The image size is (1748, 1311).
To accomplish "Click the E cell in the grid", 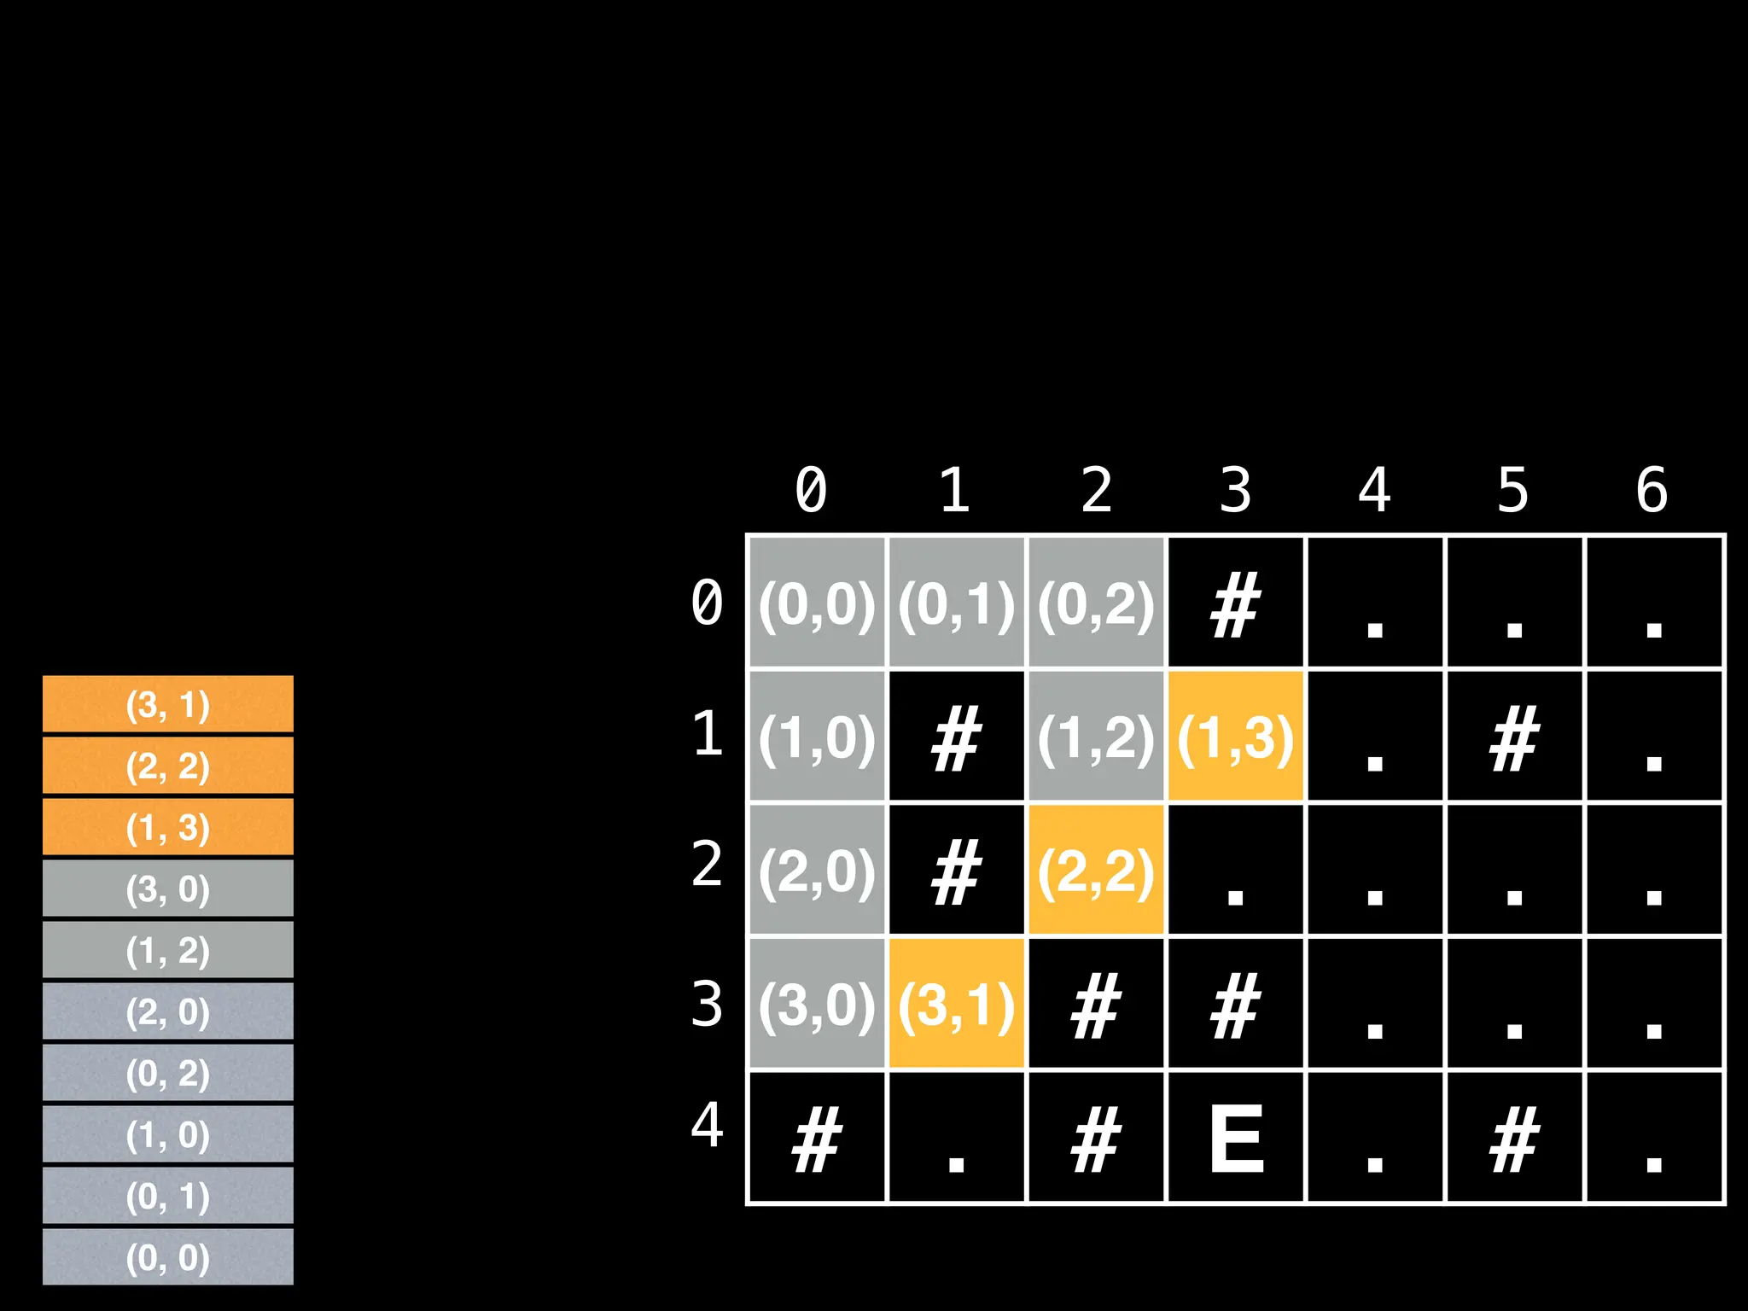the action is pyautogui.click(x=1235, y=1138).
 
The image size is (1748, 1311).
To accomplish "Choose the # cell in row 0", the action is pyautogui.click(x=1235, y=603).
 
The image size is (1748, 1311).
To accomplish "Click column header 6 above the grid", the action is pyautogui.click(x=1652, y=490).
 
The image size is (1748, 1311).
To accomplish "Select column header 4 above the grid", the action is pyautogui.click(x=1374, y=490).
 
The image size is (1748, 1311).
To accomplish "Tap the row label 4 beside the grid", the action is pyautogui.click(x=707, y=1125).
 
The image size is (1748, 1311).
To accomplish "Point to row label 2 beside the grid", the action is pyautogui.click(x=707, y=864).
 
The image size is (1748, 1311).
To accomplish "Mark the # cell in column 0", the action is pyautogui.click(x=817, y=1138).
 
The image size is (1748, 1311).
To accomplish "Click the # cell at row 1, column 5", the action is pyautogui.click(x=1513, y=737).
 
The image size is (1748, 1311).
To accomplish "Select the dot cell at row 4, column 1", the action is pyautogui.click(x=956, y=1138).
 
